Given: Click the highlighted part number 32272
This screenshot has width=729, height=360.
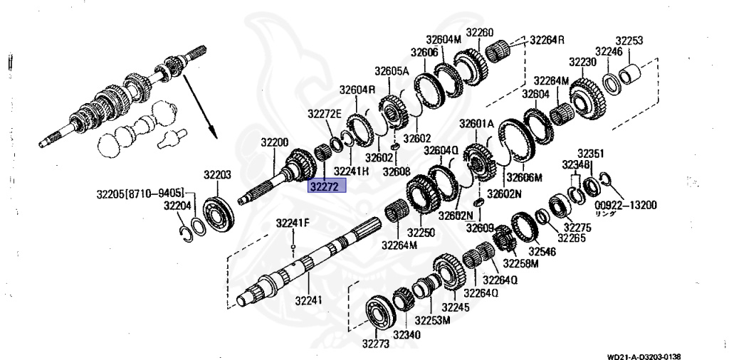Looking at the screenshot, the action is coord(327,186).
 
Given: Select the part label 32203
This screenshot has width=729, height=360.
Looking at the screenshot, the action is coord(217,175).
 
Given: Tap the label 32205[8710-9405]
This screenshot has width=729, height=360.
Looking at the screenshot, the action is coord(140,194).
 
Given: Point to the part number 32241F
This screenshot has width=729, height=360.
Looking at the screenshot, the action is coord(293,223).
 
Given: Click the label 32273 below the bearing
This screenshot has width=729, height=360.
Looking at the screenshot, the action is coord(376,344).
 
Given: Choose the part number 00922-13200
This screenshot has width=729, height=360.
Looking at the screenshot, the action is coord(626,205).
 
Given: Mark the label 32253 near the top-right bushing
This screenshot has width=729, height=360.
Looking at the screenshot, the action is coord(629,41).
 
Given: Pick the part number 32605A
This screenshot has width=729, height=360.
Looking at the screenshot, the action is coord(392,71).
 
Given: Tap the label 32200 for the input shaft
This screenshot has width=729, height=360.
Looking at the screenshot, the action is coord(274,142).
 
